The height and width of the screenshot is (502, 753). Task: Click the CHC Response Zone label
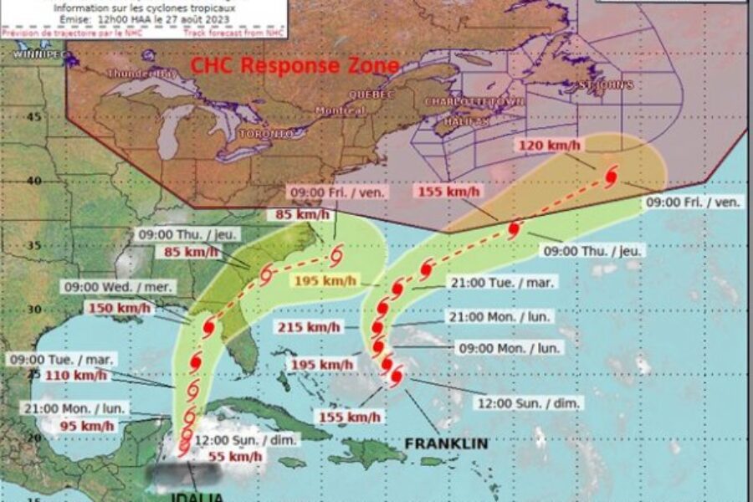[295, 66]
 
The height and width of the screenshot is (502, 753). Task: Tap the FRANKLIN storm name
[446, 443]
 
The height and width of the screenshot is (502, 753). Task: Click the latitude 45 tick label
[33, 116]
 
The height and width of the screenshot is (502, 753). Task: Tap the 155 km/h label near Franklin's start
[349, 417]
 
